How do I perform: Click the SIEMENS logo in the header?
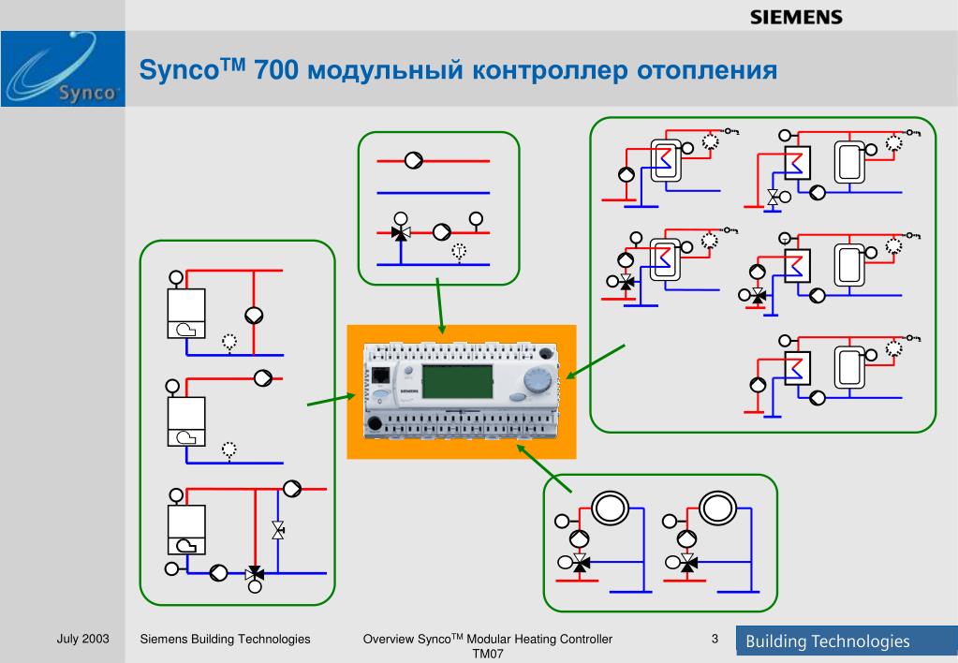pyautogui.click(x=796, y=17)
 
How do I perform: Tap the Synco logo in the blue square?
pyautogui.click(x=63, y=69)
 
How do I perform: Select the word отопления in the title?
pyautogui.click(x=707, y=70)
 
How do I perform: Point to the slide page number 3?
pyautogui.click(x=715, y=639)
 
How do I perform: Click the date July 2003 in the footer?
pyautogui.click(x=82, y=639)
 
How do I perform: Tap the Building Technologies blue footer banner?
pyautogui.click(x=847, y=641)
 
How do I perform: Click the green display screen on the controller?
pyautogui.click(x=457, y=382)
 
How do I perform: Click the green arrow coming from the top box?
pyautogui.click(x=440, y=306)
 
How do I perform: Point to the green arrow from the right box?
pyautogui.click(x=595, y=361)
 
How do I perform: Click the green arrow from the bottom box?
pyautogui.click(x=544, y=468)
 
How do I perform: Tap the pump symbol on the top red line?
pyautogui.click(x=414, y=161)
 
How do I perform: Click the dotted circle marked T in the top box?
pyautogui.click(x=459, y=251)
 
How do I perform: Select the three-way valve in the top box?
pyautogui.click(x=401, y=233)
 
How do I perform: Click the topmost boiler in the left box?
pyautogui.click(x=186, y=314)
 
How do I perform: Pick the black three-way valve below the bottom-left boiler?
pyautogui.click(x=255, y=573)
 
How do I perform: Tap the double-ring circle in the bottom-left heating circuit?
pyautogui.click(x=610, y=508)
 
